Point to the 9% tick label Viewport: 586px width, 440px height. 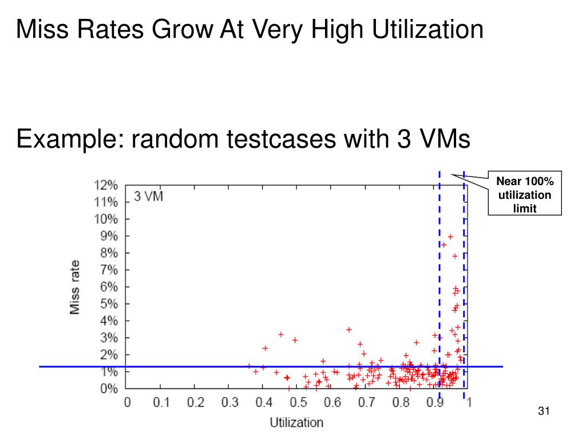tap(108, 236)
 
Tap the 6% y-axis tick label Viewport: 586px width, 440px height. tap(108, 287)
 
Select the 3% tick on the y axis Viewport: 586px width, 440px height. tap(108, 338)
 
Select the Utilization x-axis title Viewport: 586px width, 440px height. tap(296, 423)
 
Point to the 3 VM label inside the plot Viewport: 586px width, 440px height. tap(148, 197)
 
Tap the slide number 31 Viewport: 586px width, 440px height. tap(544, 411)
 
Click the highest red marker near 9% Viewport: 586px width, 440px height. tap(450, 237)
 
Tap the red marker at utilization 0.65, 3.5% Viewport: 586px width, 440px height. tap(349, 329)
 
